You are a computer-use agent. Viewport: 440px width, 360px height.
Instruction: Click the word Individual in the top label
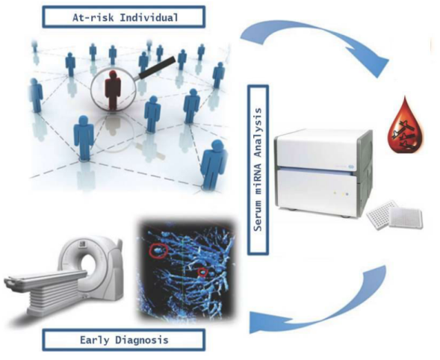(x=149, y=17)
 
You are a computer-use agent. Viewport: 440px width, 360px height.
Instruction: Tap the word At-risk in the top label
(x=93, y=18)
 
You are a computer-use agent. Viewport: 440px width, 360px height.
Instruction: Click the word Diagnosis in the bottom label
(x=142, y=340)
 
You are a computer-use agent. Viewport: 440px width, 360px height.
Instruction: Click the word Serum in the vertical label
(x=258, y=216)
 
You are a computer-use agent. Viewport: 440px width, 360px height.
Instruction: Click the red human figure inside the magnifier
(x=113, y=90)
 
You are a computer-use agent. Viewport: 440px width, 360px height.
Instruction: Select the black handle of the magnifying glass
(x=157, y=67)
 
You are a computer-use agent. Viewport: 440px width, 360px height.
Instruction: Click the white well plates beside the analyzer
(x=395, y=215)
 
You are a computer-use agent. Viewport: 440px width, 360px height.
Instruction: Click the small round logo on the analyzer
(x=351, y=167)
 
